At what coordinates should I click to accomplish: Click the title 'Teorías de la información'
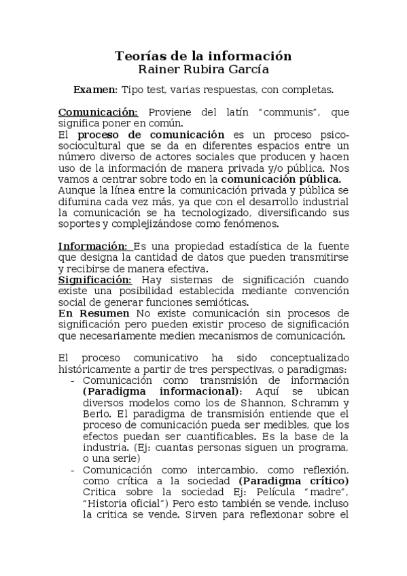click(203, 56)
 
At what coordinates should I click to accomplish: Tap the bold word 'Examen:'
click(95, 90)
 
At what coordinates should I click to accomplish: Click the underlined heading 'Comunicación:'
click(98, 112)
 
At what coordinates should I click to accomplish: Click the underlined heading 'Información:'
click(93, 246)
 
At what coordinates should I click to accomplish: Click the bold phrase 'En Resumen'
click(94, 312)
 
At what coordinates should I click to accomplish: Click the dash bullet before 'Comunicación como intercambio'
click(72, 470)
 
